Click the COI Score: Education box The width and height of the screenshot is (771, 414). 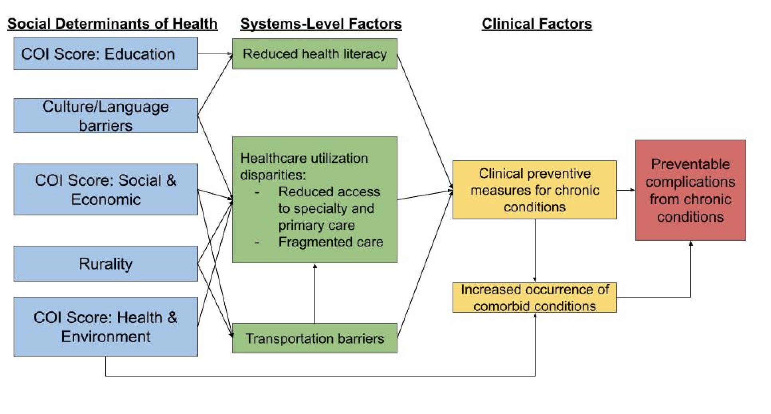pyautogui.click(x=106, y=53)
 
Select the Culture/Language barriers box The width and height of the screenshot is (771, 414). pyautogui.click(x=106, y=116)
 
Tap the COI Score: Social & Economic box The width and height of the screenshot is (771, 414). pyautogui.click(x=106, y=189)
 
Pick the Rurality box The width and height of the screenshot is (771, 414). pyautogui.click(x=106, y=264)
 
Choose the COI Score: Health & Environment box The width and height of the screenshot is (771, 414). pyautogui.click(x=106, y=327)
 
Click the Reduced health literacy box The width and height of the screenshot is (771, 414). pyautogui.click(x=315, y=54)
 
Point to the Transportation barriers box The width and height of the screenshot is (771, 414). pyautogui.click(x=315, y=338)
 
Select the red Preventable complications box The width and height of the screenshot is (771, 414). pyautogui.click(x=691, y=190)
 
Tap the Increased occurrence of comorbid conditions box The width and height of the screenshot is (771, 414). pyautogui.click(x=535, y=298)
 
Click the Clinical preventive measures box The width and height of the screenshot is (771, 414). pyautogui.click(x=535, y=190)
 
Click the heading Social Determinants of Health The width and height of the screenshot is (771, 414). pyautogui.click(x=113, y=24)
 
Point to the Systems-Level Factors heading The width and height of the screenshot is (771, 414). pyautogui.click(x=321, y=24)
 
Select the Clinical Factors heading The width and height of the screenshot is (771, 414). pyautogui.click(x=537, y=24)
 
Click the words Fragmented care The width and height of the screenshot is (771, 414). pyautogui.click(x=331, y=242)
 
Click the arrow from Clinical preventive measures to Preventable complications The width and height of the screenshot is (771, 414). pyautogui.click(x=626, y=190)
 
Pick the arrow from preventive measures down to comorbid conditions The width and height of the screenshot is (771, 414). pyautogui.click(x=535, y=251)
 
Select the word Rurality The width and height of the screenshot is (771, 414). pyautogui.click(x=106, y=264)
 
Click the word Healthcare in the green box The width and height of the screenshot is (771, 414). pyautogui.click(x=273, y=158)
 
